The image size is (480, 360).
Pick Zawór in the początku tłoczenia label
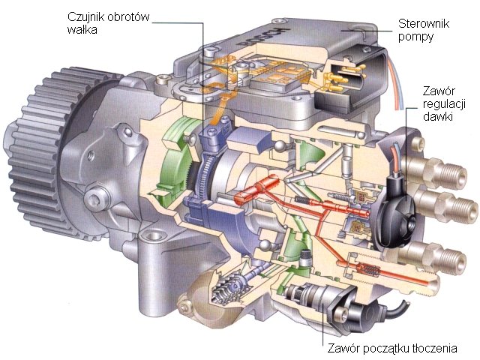[344, 349]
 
